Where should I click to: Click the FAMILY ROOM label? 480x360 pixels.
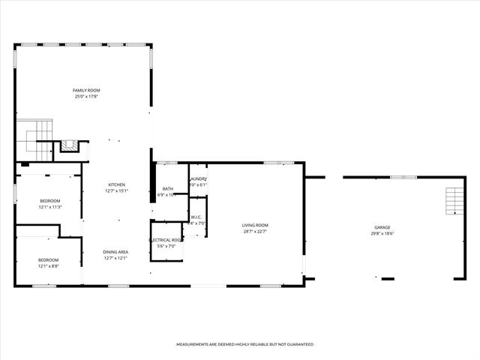click(x=86, y=90)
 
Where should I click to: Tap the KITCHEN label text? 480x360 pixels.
click(x=116, y=184)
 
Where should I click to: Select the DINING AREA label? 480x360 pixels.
click(x=115, y=252)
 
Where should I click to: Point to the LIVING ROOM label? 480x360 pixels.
click(x=255, y=225)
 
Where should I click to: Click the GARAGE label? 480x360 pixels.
click(x=382, y=227)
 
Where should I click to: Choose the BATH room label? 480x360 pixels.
click(x=168, y=188)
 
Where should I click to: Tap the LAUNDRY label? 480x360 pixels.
click(x=198, y=178)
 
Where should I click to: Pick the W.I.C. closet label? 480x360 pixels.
click(x=197, y=217)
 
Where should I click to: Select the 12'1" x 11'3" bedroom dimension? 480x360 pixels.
click(x=49, y=207)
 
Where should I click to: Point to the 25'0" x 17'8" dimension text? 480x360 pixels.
click(x=86, y=96)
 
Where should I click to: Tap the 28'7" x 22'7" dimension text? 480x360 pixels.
click(x=255, y=231)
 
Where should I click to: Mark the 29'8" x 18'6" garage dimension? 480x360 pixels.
click(x=382, y=233)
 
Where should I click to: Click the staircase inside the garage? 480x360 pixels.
click(x=454, y=201)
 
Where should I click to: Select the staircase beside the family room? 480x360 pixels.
click(x=33, y=139)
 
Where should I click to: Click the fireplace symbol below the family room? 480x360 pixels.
click(x=69, y=146)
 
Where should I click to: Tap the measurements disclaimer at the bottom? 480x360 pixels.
click(x=244, y=344)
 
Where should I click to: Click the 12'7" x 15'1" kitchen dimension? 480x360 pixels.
click(x=115, y=190)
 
